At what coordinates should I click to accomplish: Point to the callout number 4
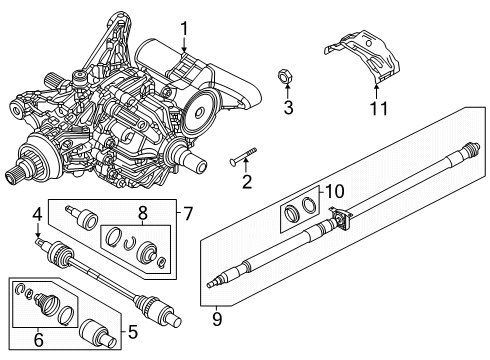pos(37,212)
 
